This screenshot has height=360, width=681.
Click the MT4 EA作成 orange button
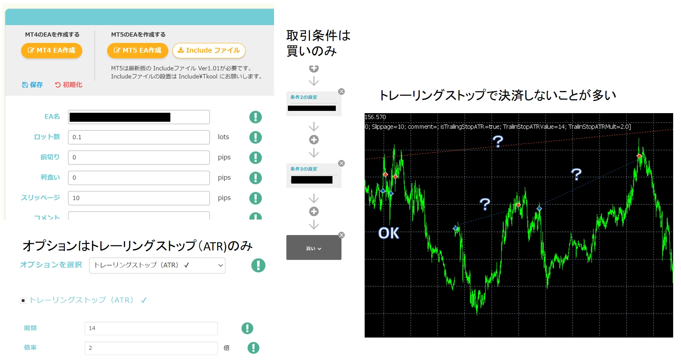click(x=52, y=51)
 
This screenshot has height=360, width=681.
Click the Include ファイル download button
click(x=209, y=51)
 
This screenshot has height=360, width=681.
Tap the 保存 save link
click(x=33, y=85)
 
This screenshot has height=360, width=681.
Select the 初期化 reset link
click(x=69, y=85)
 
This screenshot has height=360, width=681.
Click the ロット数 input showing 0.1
click(x=139, y=137)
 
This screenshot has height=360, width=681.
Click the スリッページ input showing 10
click(x=139, y=198)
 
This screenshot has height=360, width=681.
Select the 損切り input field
click(x=139, y=157)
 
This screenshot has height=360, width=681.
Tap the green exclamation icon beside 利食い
click(x=255, y=178)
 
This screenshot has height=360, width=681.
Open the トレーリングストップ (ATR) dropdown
click(x=157, y=265)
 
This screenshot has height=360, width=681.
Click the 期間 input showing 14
click(x=151, y=328)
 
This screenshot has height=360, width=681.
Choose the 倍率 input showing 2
click(x=151, y=348)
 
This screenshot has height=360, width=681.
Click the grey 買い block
click(x=314, y=248)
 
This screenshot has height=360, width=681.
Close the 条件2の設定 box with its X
click(x=341, y=91)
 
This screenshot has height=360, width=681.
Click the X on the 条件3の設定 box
click(x=341, y=163)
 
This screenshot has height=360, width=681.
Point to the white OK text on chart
click(x=389, y=233)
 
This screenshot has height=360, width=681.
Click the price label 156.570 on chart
click(x=375, y=117)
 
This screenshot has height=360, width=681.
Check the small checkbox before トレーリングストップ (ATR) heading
click(x=23, y=300)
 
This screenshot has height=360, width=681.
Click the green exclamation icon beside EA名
click(x=255, y=117)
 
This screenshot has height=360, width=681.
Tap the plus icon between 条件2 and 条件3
click(x=314, y=140)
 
